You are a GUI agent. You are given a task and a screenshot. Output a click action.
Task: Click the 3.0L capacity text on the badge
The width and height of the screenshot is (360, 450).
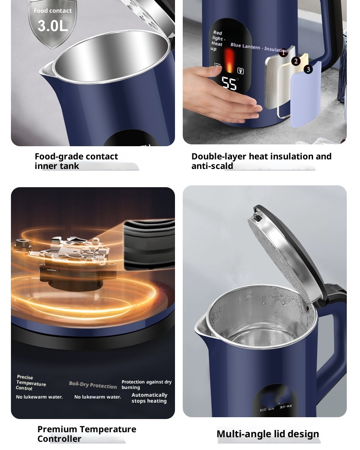pos(52,26)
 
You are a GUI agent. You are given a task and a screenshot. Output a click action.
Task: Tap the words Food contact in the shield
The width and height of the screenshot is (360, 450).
pos(52,10)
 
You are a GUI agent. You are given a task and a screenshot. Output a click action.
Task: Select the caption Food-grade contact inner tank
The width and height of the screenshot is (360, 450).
pos(76,161)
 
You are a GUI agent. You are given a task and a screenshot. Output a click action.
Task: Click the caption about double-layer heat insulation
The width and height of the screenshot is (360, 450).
pos(261,161)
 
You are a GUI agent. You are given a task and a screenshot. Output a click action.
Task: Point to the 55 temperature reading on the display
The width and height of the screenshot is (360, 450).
pos(229,84)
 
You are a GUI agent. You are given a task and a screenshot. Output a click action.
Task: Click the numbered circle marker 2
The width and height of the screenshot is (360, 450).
pos(296,61)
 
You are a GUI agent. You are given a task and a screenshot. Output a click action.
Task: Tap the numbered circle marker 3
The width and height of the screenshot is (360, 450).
pos(309,69)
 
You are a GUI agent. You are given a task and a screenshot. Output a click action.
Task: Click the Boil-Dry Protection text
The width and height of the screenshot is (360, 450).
pos(93,385)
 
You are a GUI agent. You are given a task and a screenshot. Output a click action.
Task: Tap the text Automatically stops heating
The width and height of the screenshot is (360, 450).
pos(149,398)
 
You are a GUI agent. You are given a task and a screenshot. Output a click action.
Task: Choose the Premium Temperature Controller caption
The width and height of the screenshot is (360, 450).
pos(87,434)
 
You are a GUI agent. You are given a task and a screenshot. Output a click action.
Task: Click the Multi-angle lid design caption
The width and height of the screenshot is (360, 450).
pos(267,434)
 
